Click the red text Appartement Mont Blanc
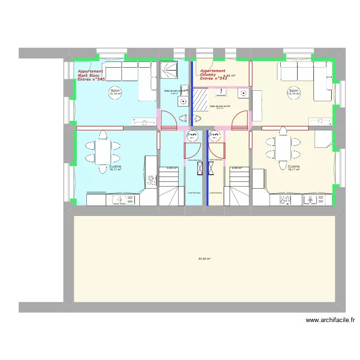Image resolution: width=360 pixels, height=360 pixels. [x=91, y=75]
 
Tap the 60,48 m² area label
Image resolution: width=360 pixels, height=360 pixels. [x=204, y=259]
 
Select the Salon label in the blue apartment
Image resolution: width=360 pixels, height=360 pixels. [x=115, y=91]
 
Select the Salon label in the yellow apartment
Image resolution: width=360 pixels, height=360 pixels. [x=294, y=91]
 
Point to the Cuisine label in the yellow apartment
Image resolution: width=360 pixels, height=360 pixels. [x=294, y=167]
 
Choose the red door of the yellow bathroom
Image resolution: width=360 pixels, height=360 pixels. [x=240, y=120]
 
